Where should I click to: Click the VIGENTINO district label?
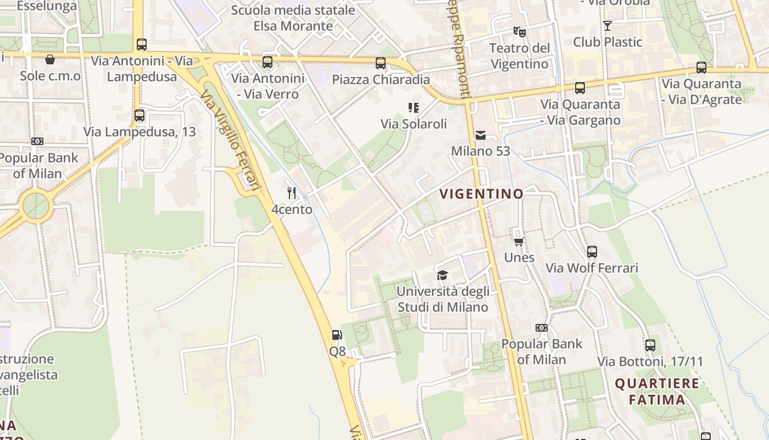point(482,194)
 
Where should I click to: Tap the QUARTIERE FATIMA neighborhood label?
point(657,392)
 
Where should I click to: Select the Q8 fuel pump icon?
point(337,334)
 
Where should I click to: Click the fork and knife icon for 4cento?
point(292,193)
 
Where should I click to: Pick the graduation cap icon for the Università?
point(442,275)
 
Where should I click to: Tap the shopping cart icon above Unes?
point(519,241)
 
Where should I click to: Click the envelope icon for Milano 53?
point(481,135)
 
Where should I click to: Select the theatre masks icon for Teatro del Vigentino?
point(519,32)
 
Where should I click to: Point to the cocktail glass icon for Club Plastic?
point(607,26)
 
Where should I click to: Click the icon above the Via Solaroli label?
point(413,108)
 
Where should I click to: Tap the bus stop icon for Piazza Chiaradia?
point(380,63)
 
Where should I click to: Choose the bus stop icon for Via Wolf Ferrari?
point(592,252)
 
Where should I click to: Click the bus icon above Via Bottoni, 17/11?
point(650,345)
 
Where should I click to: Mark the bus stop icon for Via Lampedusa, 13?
point(140,116)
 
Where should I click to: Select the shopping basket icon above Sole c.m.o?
point(50,59)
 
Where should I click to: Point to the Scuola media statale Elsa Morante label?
point(293,18)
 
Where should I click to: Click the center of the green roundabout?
point(37,207)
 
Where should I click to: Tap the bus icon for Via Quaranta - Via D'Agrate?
point(701,68)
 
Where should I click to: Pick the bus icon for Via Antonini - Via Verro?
point(268,62)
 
